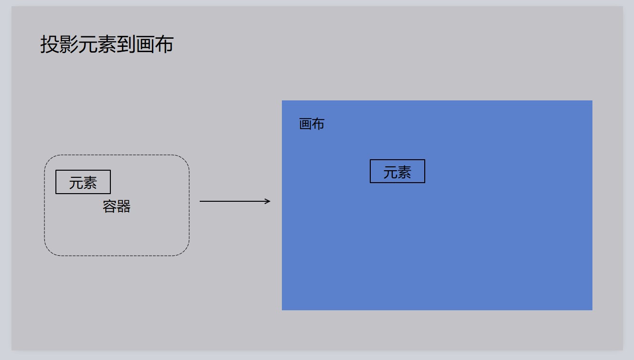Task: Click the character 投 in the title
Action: click(50, 44)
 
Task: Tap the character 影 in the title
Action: click(69, 44)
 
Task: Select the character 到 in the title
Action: click(126, 44)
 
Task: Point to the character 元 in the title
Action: click(88, 44)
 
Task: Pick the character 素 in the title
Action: click(107, 44)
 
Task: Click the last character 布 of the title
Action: click(164, 44)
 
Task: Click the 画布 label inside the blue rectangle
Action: click(312, 124)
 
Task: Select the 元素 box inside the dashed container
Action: click(83, 182)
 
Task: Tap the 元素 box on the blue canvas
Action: click(398, 171)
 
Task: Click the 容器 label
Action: click(117, 207)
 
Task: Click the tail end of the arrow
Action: click(200, 201)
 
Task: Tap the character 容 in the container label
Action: click(109, 207)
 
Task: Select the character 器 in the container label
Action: click(123, 207)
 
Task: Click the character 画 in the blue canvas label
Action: click(305, 124)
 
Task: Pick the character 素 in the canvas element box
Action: click(404, 172)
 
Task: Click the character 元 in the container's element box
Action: click(76, 183)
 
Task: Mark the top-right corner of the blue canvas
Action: click(592, 100)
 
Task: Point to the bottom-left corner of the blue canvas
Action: click(282, 310)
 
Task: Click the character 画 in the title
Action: click(145, 44)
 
